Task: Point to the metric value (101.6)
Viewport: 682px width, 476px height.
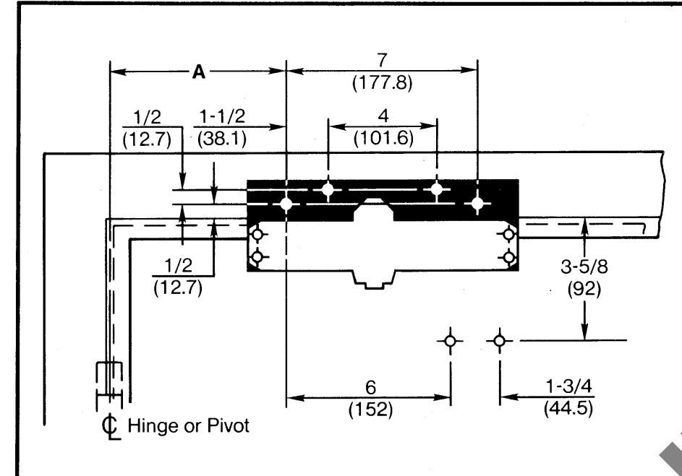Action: [x=383, y=139]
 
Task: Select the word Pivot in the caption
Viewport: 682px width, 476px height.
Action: [x=229, y=425]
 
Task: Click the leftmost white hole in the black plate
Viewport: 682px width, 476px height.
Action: [x=286, y=204]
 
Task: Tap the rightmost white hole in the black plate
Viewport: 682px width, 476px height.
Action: [x=477, y=203]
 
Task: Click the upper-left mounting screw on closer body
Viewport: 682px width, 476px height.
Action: [x=256, y=234]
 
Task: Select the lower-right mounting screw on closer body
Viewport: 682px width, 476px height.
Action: [x=509, y=257]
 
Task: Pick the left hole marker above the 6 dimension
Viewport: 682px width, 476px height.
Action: [x=451, y=340]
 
